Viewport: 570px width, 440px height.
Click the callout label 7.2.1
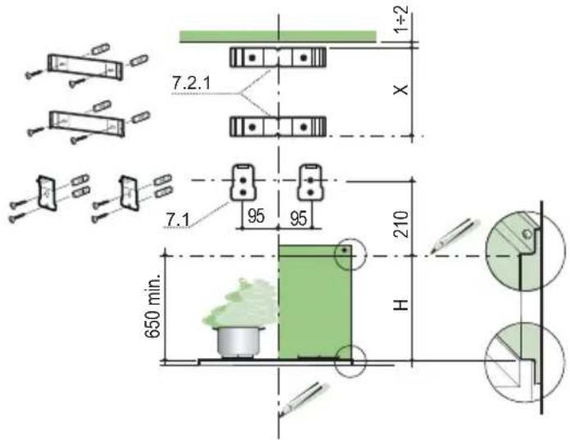[191, 84]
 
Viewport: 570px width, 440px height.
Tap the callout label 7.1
[178, 220]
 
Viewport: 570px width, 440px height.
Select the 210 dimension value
[401, 225]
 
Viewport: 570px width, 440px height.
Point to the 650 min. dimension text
[152, 306]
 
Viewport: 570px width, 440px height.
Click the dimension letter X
[401, 89]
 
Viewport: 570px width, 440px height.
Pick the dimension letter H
[401, 305]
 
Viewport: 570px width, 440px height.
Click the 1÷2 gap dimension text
[401, 19]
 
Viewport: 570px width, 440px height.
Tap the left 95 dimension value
[256, 216]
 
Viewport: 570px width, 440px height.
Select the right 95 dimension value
[298, 218]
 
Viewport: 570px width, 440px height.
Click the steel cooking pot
[239, 342]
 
